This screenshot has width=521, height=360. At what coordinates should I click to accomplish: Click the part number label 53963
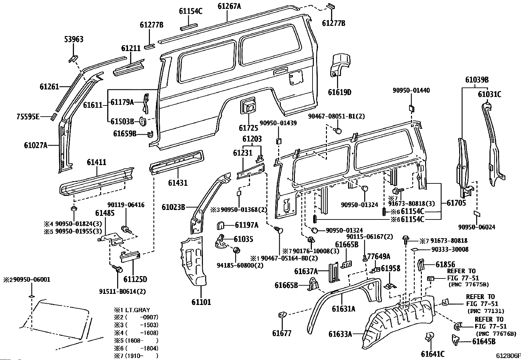tap(73, 40)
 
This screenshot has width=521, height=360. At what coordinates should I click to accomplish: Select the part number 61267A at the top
tap(229, 6)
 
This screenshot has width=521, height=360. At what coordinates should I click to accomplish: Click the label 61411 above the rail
tap(96, 162)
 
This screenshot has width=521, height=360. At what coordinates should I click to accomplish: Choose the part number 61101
tap(201, 302)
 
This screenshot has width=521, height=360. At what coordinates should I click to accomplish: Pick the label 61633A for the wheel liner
tap(340, 334)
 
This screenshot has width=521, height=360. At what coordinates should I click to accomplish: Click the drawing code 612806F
tap(508, 356)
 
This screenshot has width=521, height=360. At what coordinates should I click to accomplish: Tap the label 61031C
tap(489, 94)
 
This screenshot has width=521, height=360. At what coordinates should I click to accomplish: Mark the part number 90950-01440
tap(411, 90)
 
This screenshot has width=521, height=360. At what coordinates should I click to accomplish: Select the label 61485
tap(105, 213)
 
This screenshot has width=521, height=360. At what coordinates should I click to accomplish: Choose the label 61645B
tap(484, 342)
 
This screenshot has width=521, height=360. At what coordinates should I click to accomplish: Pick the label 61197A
tap(246, 225)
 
